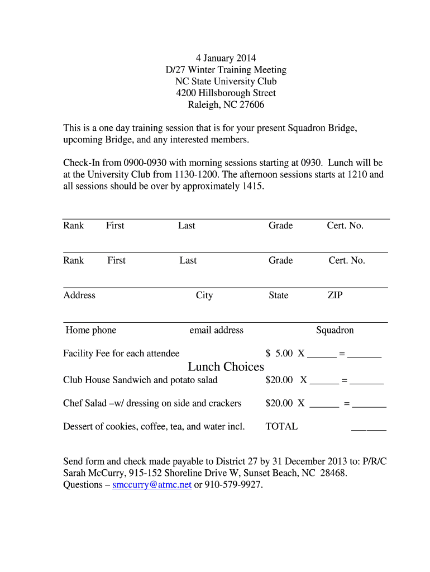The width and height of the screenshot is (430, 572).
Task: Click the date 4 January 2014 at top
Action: [225, 58]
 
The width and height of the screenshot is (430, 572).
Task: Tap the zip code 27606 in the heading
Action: [252, 104]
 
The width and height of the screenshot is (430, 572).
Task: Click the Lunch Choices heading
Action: [226, 367]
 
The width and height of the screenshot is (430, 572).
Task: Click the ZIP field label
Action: [335, 295]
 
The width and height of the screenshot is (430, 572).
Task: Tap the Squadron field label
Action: [335, 330]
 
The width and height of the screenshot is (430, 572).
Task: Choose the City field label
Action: [204, 295]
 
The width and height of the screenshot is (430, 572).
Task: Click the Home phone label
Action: [90, 330]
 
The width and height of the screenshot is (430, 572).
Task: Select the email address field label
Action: [216, 330]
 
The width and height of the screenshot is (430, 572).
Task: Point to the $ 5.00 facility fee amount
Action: [279, 353]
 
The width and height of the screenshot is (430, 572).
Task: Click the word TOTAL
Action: [281, 426]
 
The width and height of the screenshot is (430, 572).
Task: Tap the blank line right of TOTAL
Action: [369, 429]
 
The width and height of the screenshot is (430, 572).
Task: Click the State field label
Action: [278, 295]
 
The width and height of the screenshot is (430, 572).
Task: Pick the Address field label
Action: [79, 295]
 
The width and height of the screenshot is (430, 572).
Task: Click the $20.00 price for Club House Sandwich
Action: [279, 380]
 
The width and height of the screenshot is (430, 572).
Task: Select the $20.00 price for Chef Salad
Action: [279, 403]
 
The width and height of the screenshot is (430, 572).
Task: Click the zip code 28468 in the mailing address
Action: [332, 473]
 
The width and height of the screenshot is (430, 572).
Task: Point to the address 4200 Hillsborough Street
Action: [226, 93]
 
